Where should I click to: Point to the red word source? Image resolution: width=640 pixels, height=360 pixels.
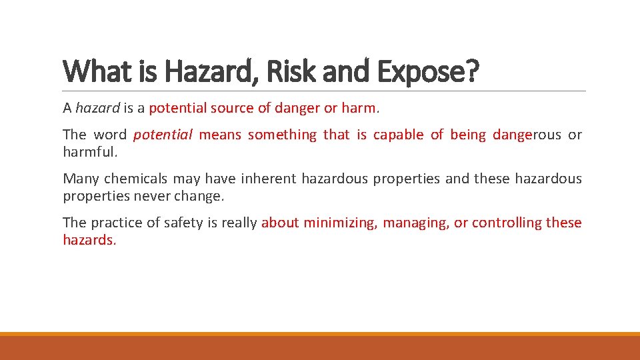(231, 108)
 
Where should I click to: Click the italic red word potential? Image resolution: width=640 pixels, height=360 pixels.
(163, 135)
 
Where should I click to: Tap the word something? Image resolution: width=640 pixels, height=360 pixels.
(282, 135)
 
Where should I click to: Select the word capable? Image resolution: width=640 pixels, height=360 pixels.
(398, 135)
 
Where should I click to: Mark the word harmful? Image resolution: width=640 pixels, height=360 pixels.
(89, 152)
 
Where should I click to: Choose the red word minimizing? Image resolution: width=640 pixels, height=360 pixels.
(340, 223)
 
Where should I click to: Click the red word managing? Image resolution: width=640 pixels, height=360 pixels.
(416, 223)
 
